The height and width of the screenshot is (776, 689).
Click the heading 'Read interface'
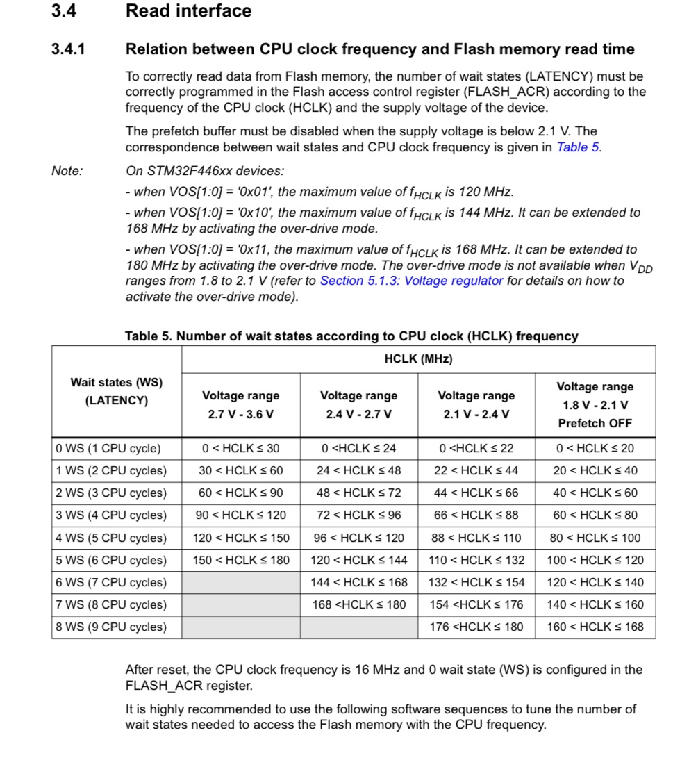(188, 11)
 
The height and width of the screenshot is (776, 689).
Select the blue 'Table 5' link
(578, 147)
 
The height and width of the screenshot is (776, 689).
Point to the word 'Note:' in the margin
(67, 171)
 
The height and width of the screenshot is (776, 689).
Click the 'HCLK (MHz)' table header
(418, 359)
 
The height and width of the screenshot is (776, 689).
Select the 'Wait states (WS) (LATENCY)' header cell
(116, 392)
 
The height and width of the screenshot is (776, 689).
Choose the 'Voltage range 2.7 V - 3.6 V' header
(240, 404)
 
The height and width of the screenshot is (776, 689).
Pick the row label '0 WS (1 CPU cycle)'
(108, 448)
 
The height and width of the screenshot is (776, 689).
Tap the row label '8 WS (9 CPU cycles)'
(111, 627)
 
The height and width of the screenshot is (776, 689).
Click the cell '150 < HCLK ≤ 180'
(240, 560)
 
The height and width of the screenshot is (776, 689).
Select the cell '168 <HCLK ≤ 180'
(358, 604)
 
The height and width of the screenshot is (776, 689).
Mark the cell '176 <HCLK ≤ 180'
(476, 627)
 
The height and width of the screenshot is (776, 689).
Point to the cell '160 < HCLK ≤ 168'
(595, 627)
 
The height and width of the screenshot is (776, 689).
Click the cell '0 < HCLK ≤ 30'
(240, 448)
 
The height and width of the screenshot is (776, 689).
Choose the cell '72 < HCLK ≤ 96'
(358, 515)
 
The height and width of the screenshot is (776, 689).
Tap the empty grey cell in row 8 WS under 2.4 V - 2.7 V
(358, 627)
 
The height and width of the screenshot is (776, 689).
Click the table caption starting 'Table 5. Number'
(351, 336)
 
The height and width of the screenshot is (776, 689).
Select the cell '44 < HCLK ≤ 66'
(476, 493)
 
